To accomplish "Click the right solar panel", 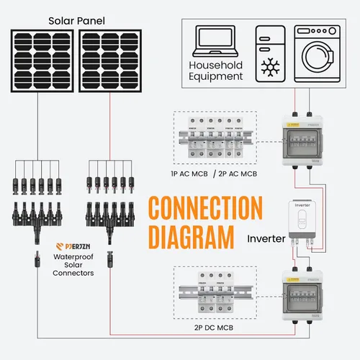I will pos(109,62).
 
